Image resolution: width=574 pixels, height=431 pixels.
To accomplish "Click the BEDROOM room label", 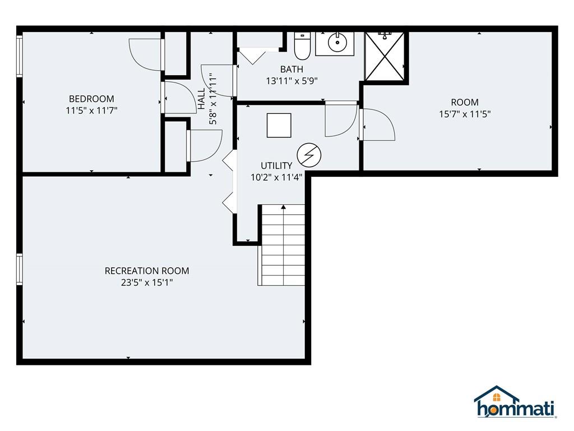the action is tap(91, 99).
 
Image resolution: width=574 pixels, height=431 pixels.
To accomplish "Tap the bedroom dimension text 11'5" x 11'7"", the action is tap(91, 111).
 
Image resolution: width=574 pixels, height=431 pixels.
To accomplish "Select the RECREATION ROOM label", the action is tap(147, 271).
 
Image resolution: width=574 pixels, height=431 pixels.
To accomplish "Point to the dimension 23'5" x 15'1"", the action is tap(147, 283).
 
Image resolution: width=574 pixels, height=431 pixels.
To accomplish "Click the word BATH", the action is tap(291, 69).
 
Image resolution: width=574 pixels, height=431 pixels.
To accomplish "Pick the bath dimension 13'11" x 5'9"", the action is tap(291, 81).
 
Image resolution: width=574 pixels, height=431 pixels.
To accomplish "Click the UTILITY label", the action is tap(276, 166).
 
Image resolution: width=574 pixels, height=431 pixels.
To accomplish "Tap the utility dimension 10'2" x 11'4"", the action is tap(276, 177).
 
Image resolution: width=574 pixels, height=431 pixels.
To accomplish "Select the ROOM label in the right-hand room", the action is tap(465, 102).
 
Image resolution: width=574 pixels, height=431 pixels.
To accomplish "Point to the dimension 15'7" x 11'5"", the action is tap(465, 114).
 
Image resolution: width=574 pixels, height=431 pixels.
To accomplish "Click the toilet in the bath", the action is tap(302, 46).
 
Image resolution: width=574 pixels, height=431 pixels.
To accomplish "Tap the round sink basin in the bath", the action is tap(337, 43).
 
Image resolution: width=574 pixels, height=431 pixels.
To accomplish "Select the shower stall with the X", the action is tap(385, 56).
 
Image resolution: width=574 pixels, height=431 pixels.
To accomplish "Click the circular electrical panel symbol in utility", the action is tap(309, 155).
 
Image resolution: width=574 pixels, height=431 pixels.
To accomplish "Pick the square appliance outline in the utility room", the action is tap(279, 125).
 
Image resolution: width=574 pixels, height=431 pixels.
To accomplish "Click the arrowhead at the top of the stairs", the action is tap(283, 207).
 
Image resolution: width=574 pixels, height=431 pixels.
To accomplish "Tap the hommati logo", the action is tap(515, 402).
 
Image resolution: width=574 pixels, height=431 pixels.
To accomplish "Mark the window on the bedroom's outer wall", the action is tap(20, 56).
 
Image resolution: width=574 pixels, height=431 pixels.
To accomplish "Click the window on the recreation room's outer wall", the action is tap(20, 269).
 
